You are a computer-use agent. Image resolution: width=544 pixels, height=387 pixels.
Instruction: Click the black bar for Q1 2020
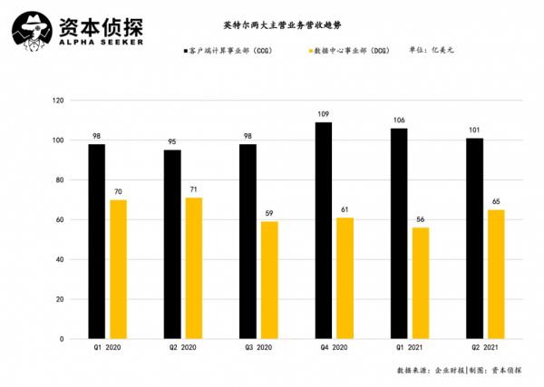coord(97,241)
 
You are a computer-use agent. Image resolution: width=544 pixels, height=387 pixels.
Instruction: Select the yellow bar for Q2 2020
coord(194,268)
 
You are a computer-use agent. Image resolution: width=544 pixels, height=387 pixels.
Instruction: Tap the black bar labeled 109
coord(324,230)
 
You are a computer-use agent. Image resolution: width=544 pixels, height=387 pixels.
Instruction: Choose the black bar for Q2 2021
coord(474,238)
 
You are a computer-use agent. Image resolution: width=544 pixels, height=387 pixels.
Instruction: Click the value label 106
coord(399,121)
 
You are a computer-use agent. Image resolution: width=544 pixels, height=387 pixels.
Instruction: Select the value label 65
coord(495,202)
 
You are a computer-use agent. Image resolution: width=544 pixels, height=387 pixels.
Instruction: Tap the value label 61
coord(345,210)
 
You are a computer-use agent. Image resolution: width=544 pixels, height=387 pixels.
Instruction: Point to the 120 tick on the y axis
coord(60,101)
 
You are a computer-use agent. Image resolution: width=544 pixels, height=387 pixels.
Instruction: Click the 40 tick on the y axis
coord(62,259)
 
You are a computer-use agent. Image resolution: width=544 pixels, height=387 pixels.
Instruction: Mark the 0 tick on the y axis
coord(63,339)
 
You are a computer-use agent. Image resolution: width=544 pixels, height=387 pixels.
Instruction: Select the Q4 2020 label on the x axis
coord(334,347)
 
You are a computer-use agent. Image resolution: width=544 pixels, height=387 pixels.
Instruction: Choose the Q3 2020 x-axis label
coord(258,347)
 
